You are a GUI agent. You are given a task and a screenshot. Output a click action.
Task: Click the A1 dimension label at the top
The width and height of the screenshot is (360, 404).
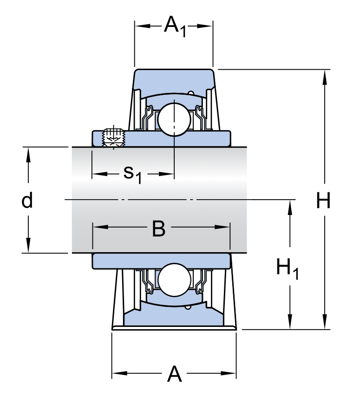click(x=175, y=27)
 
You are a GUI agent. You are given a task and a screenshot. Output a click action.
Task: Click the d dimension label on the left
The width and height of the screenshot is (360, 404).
click(x=27, y=201)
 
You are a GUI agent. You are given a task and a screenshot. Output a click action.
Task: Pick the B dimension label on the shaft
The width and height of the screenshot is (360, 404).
click(x=158, y=228)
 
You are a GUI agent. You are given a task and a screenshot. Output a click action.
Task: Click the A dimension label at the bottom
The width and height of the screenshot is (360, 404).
click(x=174, y=374)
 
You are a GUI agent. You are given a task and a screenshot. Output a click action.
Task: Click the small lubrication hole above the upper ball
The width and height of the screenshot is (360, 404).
click(x=191, y=94)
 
